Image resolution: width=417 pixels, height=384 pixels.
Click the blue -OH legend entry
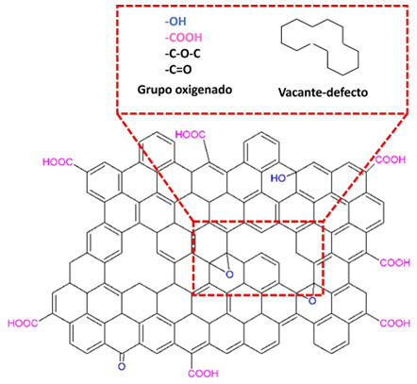pos(175,22)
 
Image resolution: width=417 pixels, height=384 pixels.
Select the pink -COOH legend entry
pos(183,38)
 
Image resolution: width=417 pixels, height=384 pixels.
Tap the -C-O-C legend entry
pos(182,54)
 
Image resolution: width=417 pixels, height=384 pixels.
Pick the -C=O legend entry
pos(178,70)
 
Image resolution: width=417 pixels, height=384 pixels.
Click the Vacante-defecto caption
pos(323,92)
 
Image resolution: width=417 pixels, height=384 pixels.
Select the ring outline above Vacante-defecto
pos(281,35)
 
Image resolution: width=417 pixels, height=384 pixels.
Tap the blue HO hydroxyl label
pos(278,178)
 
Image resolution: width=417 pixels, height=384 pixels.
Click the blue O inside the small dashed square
pos(230,275)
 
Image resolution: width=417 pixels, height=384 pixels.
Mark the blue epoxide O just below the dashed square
pos(312,301)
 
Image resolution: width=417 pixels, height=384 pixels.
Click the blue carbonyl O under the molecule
pos(122,366)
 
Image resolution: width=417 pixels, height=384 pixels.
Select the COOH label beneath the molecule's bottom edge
pos(203,374)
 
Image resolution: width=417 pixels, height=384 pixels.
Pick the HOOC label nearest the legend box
pos(191,135)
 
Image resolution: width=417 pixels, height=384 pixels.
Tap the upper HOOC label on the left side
pos(58,162)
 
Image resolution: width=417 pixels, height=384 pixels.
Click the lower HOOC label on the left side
pos(23,324)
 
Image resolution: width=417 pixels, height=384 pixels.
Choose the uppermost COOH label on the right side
pos(391,159)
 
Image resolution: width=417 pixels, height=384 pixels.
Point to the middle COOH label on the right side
pos(395,262)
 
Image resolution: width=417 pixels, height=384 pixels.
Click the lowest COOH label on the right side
pos(395,324)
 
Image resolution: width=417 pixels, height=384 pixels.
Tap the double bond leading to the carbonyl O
pos(122,357)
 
